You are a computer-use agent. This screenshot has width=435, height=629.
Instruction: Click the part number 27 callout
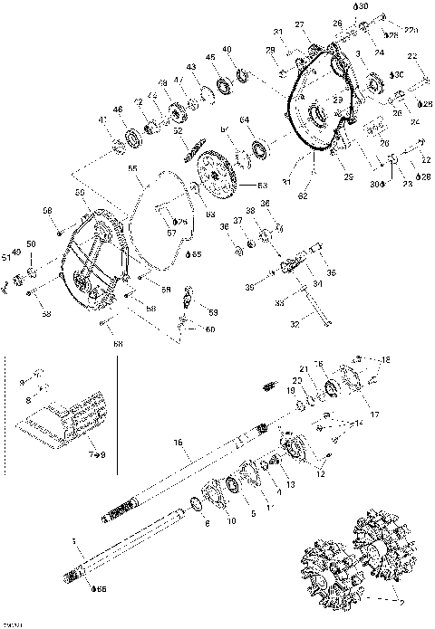[x=299, y=24]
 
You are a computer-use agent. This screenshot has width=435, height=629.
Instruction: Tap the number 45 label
[x=209, y=58]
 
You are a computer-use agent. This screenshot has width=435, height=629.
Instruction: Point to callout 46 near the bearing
[x=119, y=110]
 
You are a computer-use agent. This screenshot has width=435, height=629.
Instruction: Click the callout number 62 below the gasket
[x=304, y=196]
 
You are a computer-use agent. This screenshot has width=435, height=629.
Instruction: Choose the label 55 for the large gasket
[x=133, y=168]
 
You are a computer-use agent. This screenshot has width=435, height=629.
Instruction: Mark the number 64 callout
[x=244, y=120]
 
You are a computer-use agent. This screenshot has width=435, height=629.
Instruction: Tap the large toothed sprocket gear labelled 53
[x=216, y=173]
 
